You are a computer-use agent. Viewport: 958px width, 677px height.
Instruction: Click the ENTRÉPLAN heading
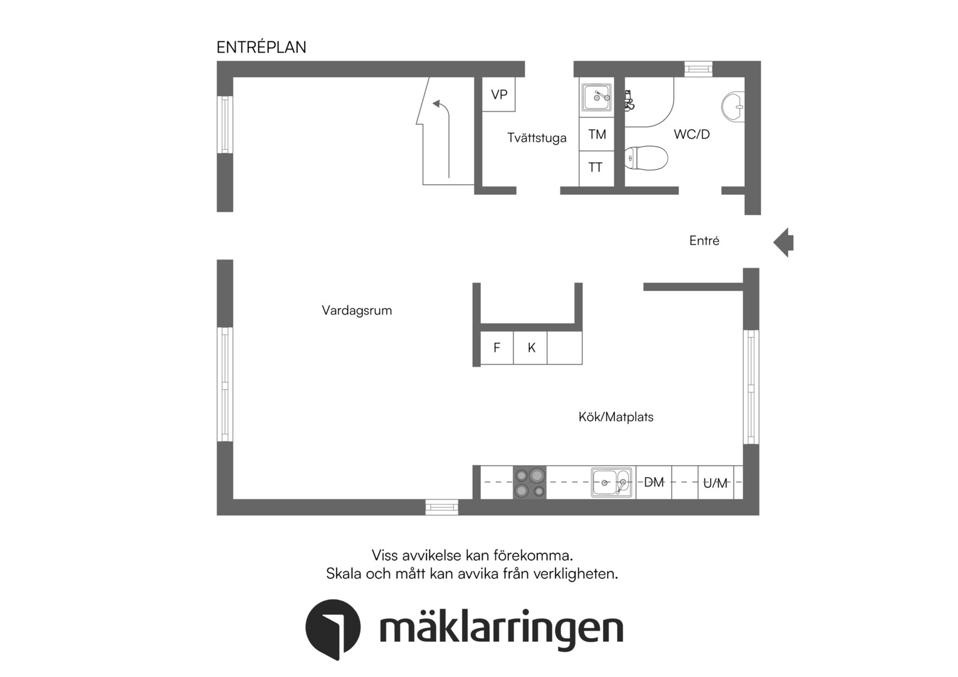pyautogui.click(x=261, y=47)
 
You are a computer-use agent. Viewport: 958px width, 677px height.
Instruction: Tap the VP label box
pyautogui.click(x=498, y=95)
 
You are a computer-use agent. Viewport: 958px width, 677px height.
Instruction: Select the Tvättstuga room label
pyautogui.click(x=537, y=138)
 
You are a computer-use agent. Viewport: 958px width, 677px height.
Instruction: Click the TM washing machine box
pyautogui.click(x=597, y=134)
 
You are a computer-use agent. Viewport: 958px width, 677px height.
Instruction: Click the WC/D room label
pyautogui.click(x=692, y=134)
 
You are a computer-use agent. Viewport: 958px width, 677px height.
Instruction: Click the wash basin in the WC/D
pyautogui.click(x=733, y=107)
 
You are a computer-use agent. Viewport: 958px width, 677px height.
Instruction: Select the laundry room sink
pyautogui.click(x=596, y=97)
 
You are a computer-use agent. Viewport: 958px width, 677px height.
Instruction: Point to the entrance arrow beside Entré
pyautogui.click(x=783, y=243)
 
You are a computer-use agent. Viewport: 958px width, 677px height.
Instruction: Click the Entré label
pyautogui.click(x=704, y=240)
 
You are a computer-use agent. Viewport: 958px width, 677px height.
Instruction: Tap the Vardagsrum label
pyautogui.click(x=357, y=310)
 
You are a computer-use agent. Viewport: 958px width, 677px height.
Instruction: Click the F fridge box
pyautogui.click(x=497, y=348)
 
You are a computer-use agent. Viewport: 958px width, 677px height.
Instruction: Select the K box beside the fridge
pyautogui.click(x=530, y=348)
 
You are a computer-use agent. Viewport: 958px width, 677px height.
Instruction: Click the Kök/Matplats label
pyautogui.click(x=616, y=417)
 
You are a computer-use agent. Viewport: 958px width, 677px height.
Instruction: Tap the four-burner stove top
pyautogui.click(x=529, y=482)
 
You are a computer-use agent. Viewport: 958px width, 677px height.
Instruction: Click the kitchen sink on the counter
pyautogui.click(x=611, y=483)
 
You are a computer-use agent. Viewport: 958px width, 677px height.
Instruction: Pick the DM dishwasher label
pyautogui.click(x=653, y=483)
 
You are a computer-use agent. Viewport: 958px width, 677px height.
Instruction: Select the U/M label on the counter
pyautogui.click(x=715, y=483)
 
